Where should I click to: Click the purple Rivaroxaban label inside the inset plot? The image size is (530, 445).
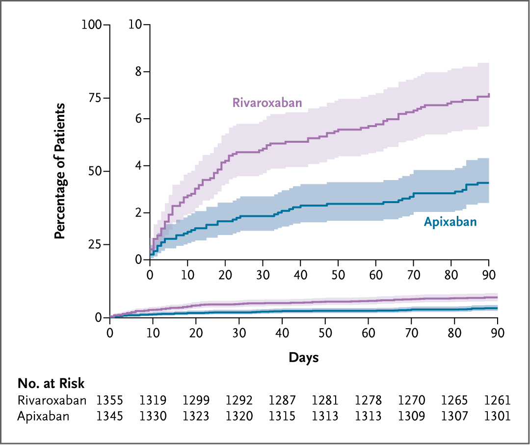pos(266,103)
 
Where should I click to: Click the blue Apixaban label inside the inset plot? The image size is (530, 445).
pos(450,222)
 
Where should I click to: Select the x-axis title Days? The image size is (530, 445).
pos(303,358)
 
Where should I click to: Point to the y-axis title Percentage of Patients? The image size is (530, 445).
pos(60,171)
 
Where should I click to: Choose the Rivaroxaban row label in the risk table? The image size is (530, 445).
pos(52,400)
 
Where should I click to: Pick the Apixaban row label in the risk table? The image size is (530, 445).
pos(43,417)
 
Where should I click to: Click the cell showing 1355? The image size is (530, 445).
pos(110,400)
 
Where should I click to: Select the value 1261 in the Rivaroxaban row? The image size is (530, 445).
pos(497,400)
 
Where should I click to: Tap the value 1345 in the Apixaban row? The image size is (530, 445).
pos(110,417)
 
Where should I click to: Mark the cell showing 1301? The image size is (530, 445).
pos(497,417)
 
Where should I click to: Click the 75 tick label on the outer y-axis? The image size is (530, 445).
pos(95,98)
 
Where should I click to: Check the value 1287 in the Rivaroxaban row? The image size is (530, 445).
pos(282,400)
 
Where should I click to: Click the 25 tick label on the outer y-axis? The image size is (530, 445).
pos(95,244)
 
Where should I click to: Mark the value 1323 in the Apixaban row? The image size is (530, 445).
pos(196,417)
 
